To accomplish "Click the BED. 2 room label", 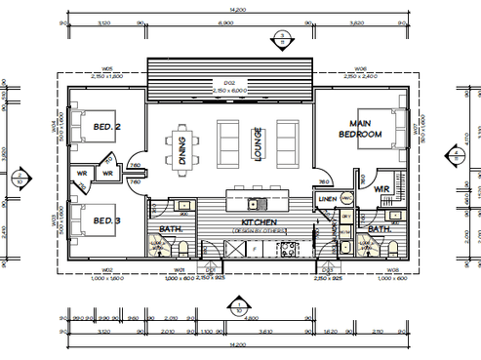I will pos(107,128).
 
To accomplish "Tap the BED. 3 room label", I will pos(107,221).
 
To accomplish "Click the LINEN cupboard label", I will pos(328,200).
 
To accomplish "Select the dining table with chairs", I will pos(182,147).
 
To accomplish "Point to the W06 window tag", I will pos(361,69).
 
